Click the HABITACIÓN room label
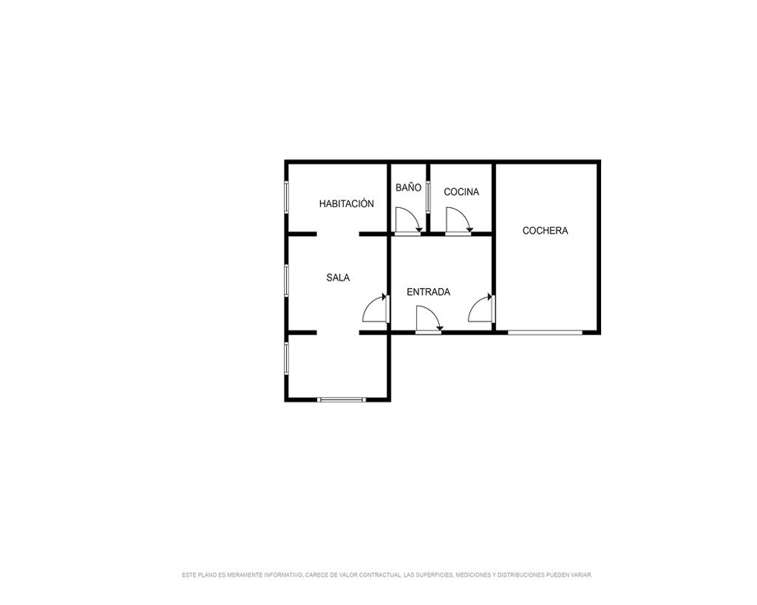click(x=346, y=203)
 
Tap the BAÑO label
click(x=409, y=188)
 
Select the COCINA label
click(x=461, y=192)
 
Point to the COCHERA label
click(x=545, y=231)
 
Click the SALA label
click(x=338, y=278)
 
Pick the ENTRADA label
click(x=428, y=292)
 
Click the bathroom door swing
click(x=409, y=221)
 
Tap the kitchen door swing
click(x=459, y=221)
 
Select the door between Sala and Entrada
click(x=375, y=308)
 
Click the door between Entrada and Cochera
click(x=481, y=308)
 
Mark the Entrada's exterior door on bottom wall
click(x=428, y=319)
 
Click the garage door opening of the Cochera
click(x=545, y=332)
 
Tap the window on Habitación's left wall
click(x=286, y=197)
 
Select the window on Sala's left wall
click(x=286, y=280)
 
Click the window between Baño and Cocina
click(x=428, y=197)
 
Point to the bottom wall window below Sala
click(x=342, y=399)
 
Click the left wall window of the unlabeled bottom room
click(x=286, y=358)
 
